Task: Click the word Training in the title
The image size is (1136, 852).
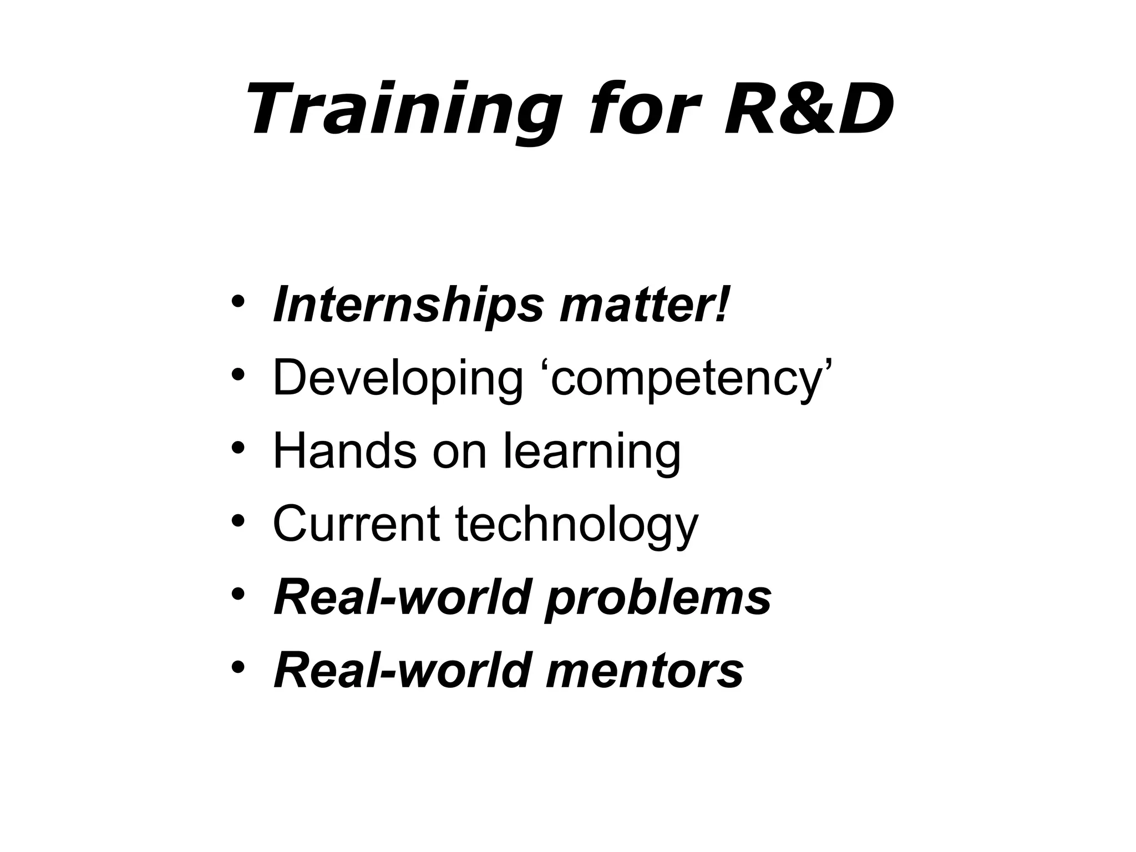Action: click(402, 109)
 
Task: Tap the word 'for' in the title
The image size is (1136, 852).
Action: click(641, 109)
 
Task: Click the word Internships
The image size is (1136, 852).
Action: click(408, 305)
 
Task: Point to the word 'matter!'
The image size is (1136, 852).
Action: click(643, 305)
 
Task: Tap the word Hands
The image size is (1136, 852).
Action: click(344, 451)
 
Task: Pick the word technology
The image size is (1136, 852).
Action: click(577, 525)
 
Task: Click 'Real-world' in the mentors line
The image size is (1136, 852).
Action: click(402, 670)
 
